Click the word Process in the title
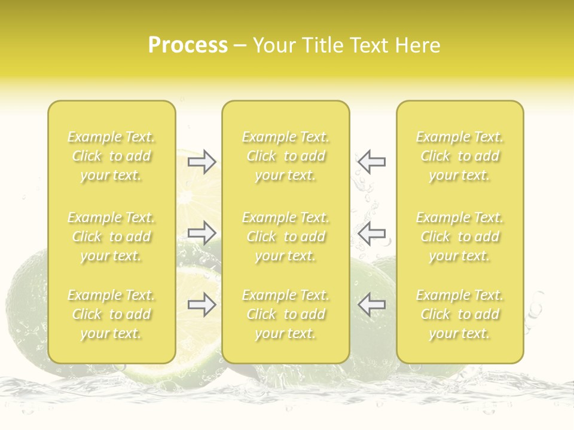188,45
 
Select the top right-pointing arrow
202,162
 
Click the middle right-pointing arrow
202,233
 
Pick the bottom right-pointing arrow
202,305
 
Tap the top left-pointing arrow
371,162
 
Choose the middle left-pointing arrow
371,233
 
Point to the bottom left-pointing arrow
371,305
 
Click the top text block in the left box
111,156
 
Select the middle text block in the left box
111,236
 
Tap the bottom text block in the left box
111,314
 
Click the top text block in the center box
286,156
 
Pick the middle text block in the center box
286,236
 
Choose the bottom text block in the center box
286,314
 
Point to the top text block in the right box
460,156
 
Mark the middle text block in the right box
460,236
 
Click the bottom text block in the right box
460,314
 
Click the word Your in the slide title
274,45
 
